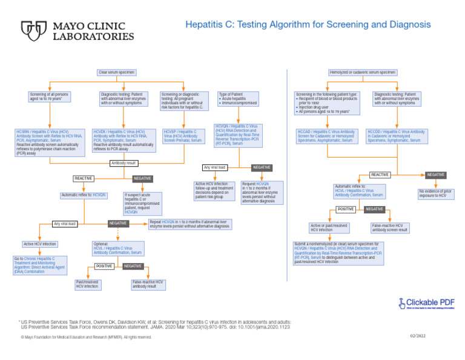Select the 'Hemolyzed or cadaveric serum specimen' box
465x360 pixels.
(x=363, y=72)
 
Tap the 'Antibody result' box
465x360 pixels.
(x=124, y=163)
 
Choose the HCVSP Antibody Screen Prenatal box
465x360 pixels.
(x=183, y=136)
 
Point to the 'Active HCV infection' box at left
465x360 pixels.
(x=40, y=244)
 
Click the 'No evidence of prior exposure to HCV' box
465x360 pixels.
(x=436, y=194)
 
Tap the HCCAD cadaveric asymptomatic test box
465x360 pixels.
(x=326, y=136)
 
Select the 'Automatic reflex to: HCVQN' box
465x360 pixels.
(x=84, y=195)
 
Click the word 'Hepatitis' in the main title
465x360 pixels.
(x=206, y=25)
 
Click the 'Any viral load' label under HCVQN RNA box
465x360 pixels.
(x=215, y=167)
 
